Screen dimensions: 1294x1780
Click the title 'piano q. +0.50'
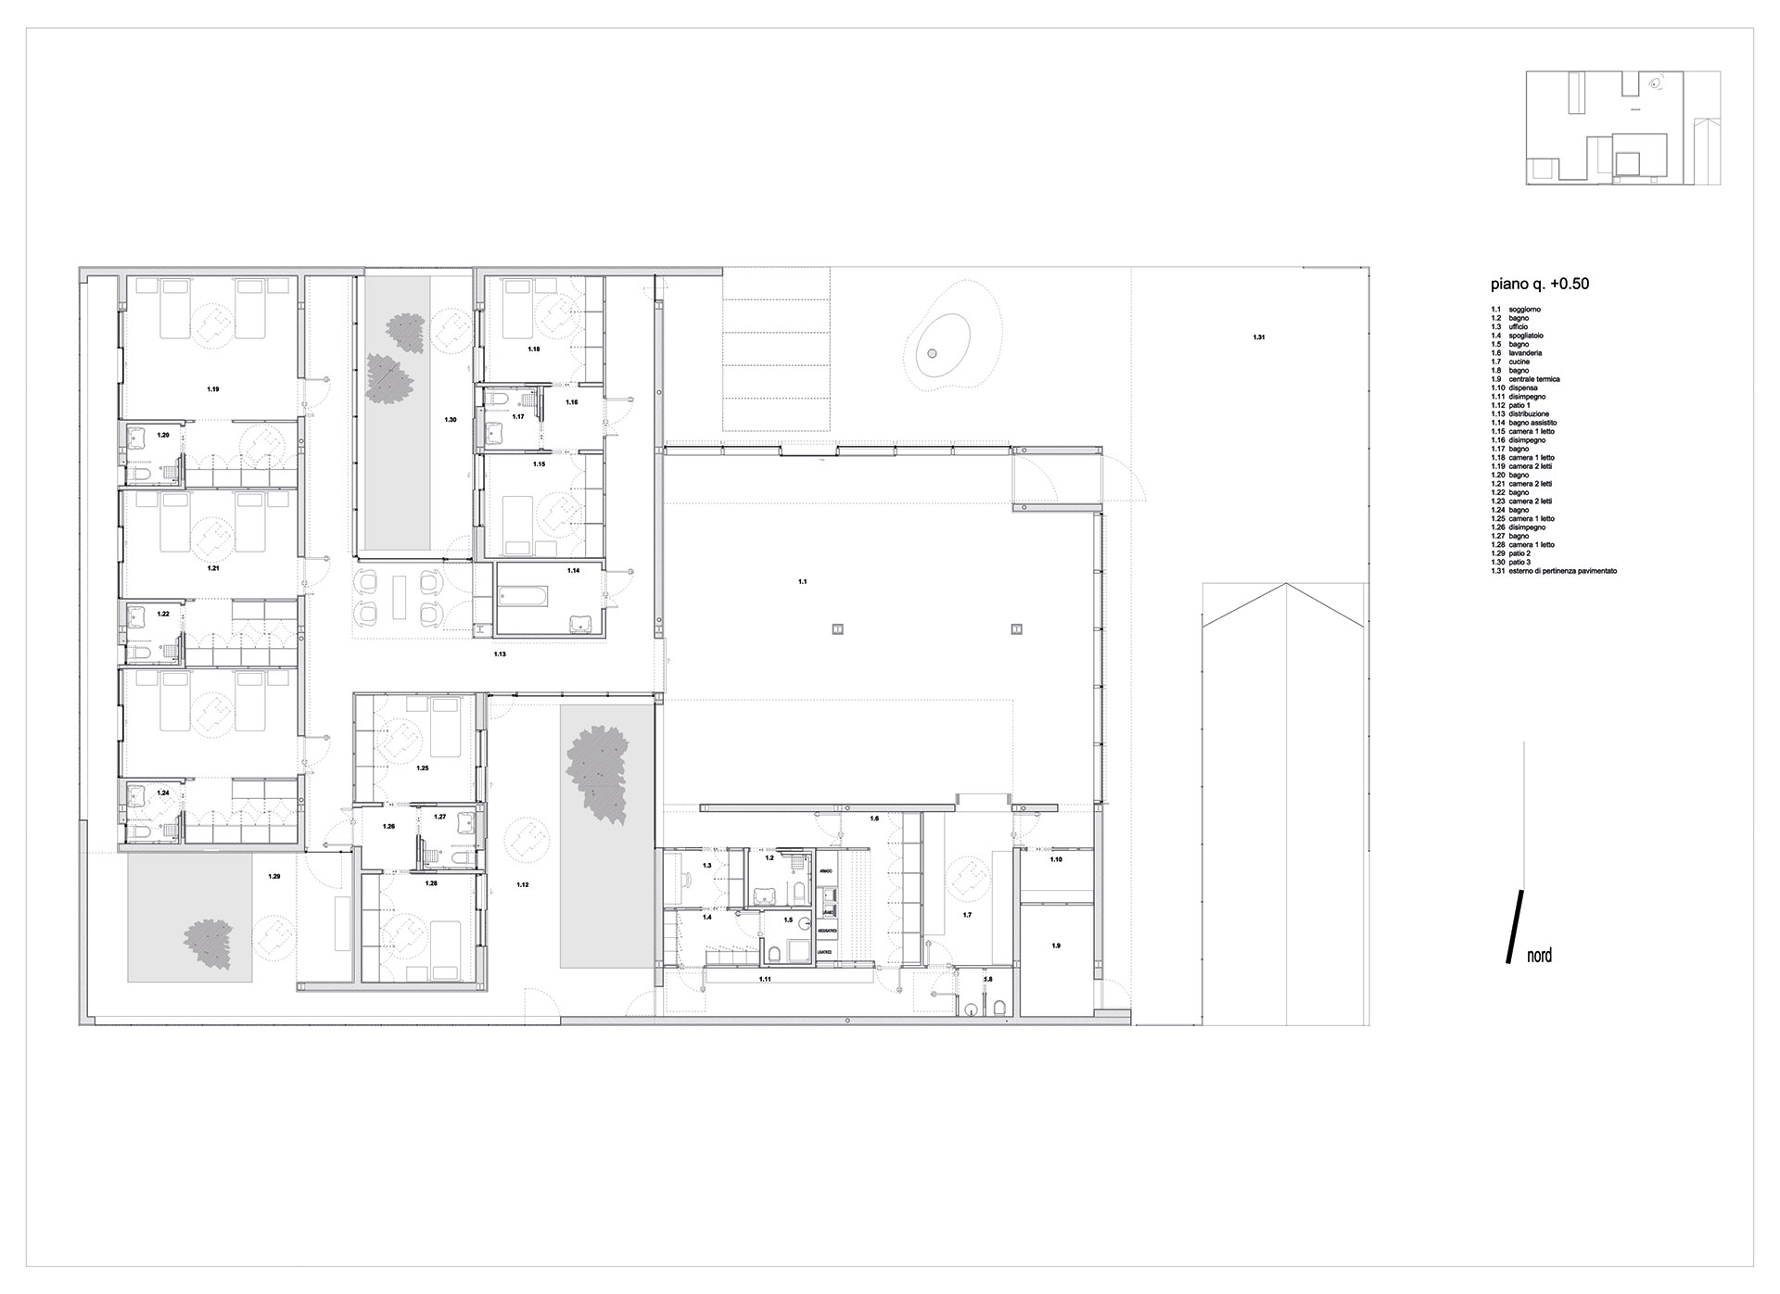(x=1540, y=284)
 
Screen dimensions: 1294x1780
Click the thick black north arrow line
(x=1512, y=927)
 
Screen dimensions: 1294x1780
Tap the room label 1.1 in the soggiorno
(x=803, y=581)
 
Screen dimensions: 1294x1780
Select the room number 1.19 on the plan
(x=213, y=389)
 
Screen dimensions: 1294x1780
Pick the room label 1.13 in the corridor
(x=499, y=654)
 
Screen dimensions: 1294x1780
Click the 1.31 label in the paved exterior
(x=1258, y=337)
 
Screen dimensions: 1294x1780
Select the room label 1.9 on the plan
(x=1055, y=945)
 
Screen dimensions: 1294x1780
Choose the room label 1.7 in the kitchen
(x=967, y=915)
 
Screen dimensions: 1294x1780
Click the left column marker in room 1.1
(x=837, y=628)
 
